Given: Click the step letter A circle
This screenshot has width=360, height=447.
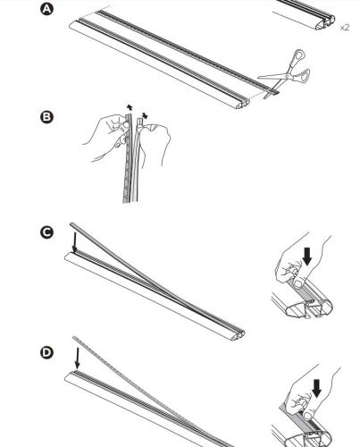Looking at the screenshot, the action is coord(46,9).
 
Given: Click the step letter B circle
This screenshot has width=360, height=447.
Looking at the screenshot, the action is coord(46,116).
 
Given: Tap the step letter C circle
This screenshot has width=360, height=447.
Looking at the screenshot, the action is coord(46,232).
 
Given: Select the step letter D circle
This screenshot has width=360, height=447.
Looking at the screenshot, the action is coord(46,352).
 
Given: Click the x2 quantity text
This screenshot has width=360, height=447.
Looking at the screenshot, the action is coord(345,28).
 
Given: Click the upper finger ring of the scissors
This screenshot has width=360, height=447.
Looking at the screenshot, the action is coord(299,55).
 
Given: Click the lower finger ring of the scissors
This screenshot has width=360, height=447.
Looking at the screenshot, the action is coord(305,74).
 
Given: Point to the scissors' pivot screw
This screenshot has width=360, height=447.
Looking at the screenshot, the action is coord(287,76).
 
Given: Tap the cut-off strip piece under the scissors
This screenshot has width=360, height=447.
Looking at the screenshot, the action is coord(272,94).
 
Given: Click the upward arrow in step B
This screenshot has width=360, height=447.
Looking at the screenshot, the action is coord(129,107).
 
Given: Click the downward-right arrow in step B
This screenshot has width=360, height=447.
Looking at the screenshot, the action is coord(145,115).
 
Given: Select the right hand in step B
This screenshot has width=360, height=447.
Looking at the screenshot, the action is coord(155,141).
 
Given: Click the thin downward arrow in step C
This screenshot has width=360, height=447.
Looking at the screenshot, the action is coord(75,241).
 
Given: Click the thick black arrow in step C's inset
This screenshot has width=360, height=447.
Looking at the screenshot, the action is coord(306,257).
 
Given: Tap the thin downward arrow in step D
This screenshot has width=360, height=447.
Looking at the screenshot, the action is coord(77,358).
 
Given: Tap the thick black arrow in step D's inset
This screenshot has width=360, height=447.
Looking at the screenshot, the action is coord(316,388).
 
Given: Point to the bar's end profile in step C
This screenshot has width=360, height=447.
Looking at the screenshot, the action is coord(239,335).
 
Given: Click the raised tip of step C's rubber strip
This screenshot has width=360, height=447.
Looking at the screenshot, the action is coord(71,223).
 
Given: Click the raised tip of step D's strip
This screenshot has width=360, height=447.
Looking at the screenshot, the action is coord(74,338).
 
